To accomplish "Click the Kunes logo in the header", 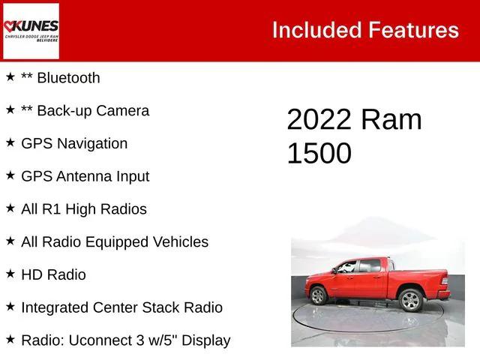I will (x=31, y=31).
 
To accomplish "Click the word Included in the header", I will (x=316, y=30).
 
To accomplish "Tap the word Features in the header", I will (x=413, y=30).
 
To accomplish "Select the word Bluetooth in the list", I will (x=68, y=77).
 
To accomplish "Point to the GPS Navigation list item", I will (x=74, y=143).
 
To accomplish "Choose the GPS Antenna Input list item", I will (x=85, y=176).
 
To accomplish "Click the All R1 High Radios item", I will (x=84, y=209).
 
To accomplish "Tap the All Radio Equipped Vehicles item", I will (x=115, y=242).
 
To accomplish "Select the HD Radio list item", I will (x=53, y=274).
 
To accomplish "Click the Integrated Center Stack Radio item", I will (x=121, y=307).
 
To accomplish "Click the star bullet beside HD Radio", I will (x=10, y=274).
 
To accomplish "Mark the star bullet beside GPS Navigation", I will (x=10, y=142).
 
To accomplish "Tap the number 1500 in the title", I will (x=319, y=153).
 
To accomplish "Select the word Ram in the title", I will (x=391, y=120).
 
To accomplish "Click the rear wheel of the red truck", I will (x=410, y=300).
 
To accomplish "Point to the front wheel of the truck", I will (x=318, y=295).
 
